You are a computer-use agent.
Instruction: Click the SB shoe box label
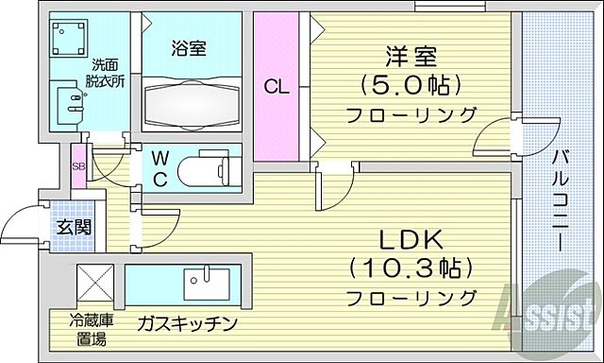[x=79, y=168]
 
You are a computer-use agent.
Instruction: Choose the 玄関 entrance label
[x=70, y=227]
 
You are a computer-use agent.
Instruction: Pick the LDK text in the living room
[x=409, y=238]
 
